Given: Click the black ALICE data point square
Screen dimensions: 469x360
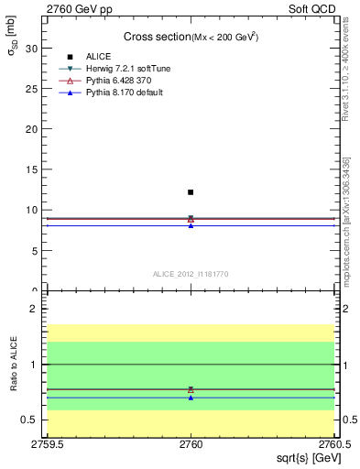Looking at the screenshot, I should coord(191,192).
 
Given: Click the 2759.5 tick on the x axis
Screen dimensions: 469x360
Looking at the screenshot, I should coord(47,445).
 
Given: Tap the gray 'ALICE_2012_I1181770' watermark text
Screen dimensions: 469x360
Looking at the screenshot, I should coord(191,274).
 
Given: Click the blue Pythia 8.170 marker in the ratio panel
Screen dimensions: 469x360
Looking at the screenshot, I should coord(191,398).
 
